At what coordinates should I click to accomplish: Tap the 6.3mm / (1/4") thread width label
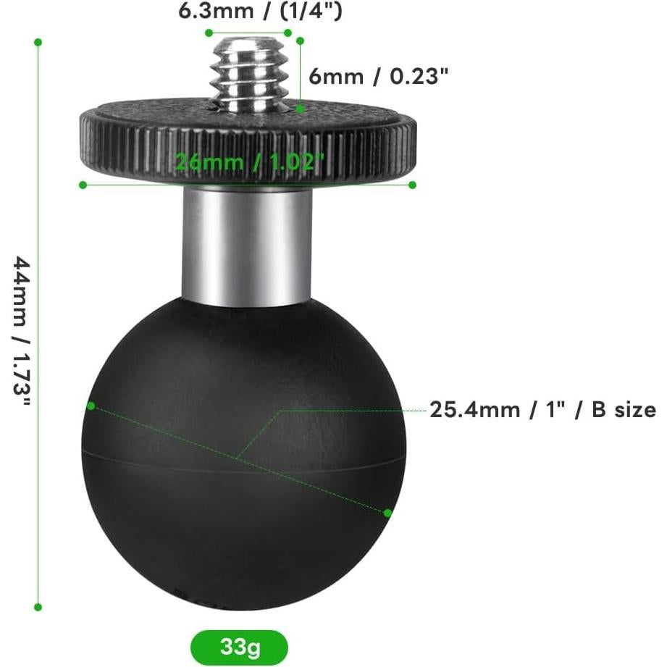pyautogui.click(x=260, y=12)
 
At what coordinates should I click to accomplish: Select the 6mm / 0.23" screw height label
pyautogui.click(x=374, y=76)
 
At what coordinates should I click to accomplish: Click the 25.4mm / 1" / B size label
pyautogui.click(x=542, y=410)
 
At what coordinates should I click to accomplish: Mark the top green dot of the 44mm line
pyautogui.click(x=38, y=42)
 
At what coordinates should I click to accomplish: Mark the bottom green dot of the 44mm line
pyautogui.click(x=38, y=607)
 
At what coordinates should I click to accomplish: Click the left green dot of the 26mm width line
pyautogui.click(x=83, y=185)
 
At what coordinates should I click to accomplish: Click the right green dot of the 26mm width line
pyautogui.click(x=412, y=185)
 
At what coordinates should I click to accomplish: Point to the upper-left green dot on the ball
pyautogui.click(x=91, y=406)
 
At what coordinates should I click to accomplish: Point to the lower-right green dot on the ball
pyautogui.click(x=387, y=513)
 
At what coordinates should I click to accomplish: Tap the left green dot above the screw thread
pyautogui.click(x=209, y=33)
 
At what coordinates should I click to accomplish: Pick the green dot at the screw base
pyautogui.click(x=300, y=109)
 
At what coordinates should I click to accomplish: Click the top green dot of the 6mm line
pyautogui.click(x=300, y=41)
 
